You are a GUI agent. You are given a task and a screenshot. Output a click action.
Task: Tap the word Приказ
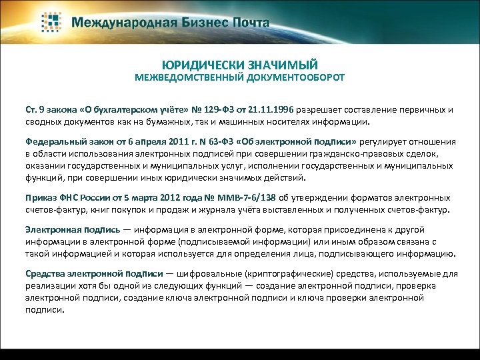click(x=43, y=197)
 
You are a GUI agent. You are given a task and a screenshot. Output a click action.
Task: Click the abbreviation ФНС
click(x=73, y=197)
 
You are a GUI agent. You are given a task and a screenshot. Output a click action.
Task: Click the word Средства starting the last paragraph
click(x=46, y=273)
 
